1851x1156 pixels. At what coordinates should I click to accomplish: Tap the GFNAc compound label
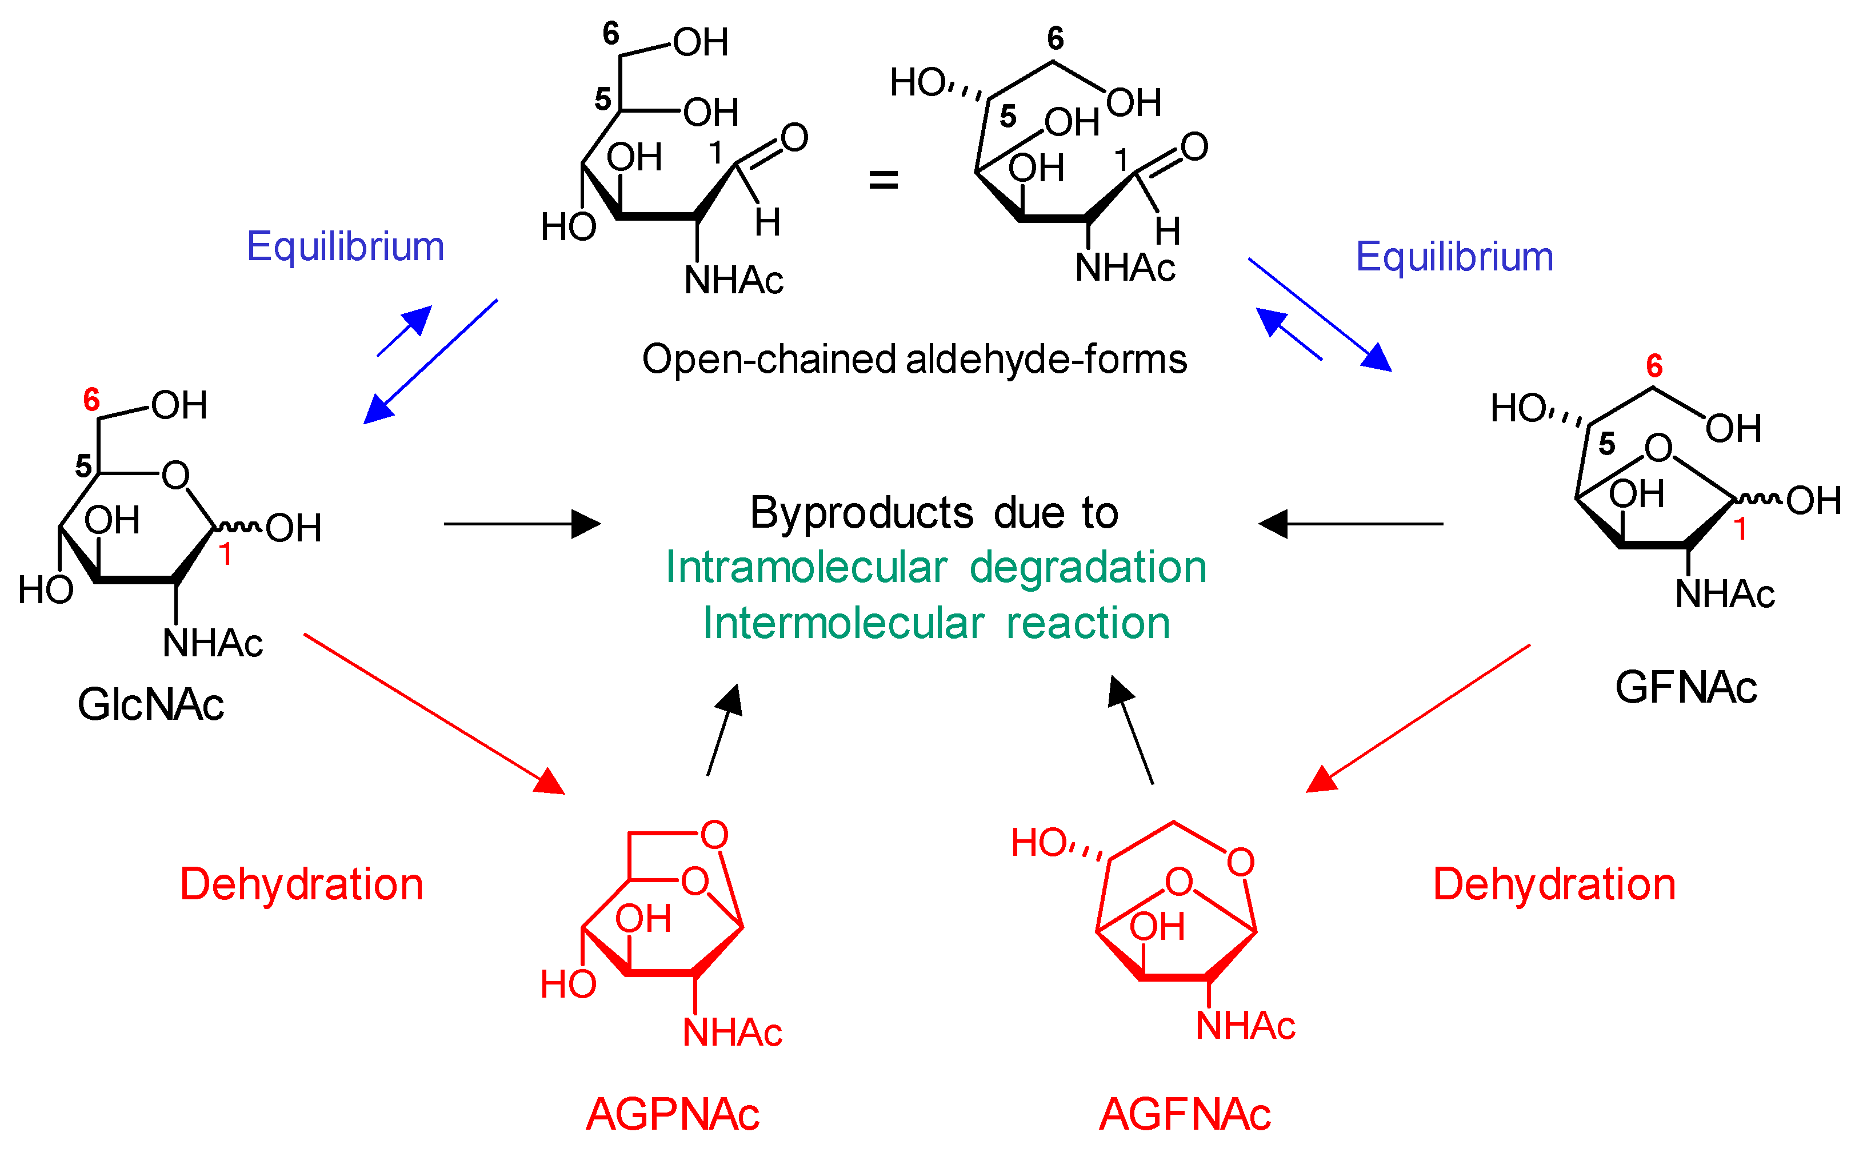click(x=1685, y=687)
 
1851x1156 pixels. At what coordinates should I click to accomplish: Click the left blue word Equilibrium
click(x=345, y=246)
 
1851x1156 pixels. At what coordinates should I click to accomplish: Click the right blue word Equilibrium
click(x=1454, y=256)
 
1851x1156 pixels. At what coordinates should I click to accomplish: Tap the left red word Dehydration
click(x=301, y=884)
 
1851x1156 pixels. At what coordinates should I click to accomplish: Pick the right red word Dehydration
click(x=1554, y=884)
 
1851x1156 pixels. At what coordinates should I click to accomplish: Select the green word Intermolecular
click(x=843, y=623)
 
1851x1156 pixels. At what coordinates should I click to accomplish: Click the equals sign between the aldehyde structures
click(x=883, y=181)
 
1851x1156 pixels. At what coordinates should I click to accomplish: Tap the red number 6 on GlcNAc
click(x=91, y=400)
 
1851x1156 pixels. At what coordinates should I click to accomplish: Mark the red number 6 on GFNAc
click(x=1654, y=366)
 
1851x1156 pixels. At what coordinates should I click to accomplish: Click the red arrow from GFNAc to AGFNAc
click(x=1418, y=718)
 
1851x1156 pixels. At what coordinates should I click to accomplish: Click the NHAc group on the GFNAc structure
click(x=1724, y=594)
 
